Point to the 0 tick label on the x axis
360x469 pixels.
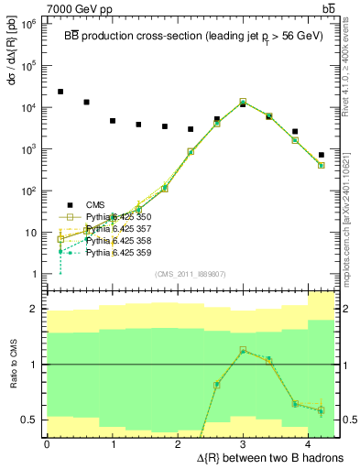47,444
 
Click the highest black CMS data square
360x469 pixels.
60,92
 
